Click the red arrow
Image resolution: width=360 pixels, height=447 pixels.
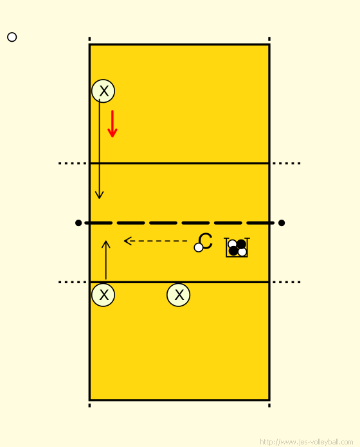tap(113, 124)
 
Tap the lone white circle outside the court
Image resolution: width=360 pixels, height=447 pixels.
tap(12, 37)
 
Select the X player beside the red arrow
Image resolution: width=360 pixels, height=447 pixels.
tap(104, 91)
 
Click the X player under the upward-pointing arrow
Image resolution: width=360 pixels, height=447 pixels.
tap(104, 295)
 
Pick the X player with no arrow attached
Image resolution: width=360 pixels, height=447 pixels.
tap(178, 295)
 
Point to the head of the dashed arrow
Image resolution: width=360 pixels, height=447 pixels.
tap(124, 241)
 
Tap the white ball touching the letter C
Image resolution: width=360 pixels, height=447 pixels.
tap(199, 247)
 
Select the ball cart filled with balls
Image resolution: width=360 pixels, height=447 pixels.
tap(237, 247)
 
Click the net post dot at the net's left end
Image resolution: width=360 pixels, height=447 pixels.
tap(78, 223)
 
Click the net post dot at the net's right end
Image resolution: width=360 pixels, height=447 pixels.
tap(282, 223)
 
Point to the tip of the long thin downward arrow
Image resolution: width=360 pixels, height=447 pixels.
tap(99, 198)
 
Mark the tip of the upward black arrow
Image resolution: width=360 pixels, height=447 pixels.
tap(106, 241)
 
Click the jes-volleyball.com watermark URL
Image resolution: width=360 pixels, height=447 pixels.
tap(307, 442)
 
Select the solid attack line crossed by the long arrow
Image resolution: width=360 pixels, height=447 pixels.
tap(179, 163)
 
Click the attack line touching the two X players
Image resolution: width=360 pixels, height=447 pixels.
tap(179, 282)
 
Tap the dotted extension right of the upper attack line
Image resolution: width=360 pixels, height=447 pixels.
tap(287, 163)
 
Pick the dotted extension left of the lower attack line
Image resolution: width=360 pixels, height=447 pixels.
tap(72, 282)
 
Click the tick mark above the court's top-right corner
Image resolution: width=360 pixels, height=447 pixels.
tap(269, 39)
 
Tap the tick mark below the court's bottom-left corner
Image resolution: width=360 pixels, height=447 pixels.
tap(89, 405)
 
